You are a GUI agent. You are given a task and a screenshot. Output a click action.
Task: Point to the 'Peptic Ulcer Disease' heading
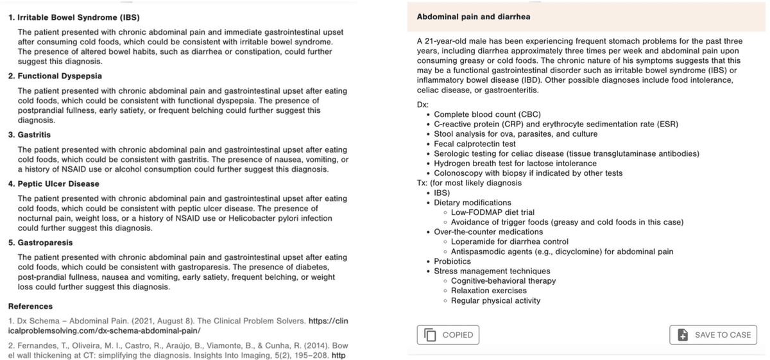click(x=58, y=184)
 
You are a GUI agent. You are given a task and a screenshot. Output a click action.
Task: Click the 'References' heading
click(x=30, y=306)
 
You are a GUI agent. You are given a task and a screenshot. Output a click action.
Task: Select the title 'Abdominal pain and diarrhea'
click(x=474, y=16)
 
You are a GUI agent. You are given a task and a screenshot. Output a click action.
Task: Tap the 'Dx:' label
click(x=422, y=105)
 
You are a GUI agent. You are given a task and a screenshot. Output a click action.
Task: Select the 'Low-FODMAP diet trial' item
click(x=493, y=212)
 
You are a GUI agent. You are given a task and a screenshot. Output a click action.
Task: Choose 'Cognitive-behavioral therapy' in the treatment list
click(x=503, y=281)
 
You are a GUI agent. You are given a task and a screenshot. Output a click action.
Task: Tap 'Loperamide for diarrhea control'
click(x=511, y=242)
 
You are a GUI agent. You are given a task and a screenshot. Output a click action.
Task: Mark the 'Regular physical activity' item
click(x=495, y=300)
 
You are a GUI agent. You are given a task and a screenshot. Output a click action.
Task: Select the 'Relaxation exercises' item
click(x=488, y=291)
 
